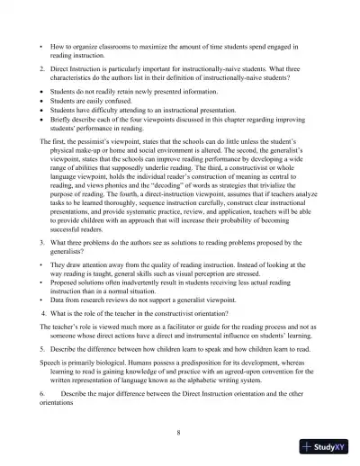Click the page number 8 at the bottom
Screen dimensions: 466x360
pos(180,432)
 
